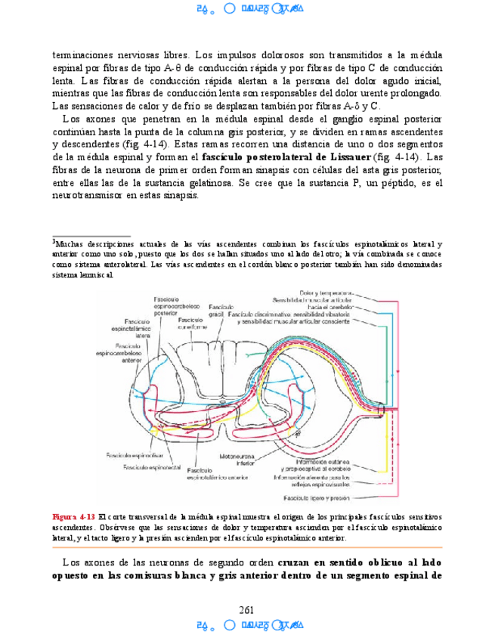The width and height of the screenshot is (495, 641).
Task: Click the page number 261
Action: [x=246, y=609]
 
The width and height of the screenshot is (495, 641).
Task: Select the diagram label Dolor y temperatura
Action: [x=326, y=293]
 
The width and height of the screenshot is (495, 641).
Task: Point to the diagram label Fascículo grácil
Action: [x=218, y=310]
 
